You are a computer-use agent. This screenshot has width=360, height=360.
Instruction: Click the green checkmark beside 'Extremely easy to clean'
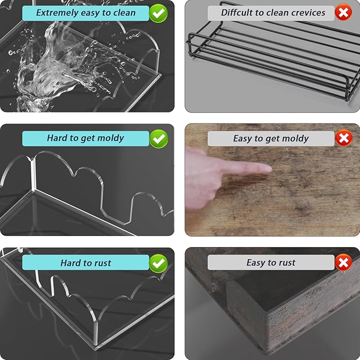[158, 13]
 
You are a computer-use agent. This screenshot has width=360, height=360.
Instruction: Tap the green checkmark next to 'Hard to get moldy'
[159, 139]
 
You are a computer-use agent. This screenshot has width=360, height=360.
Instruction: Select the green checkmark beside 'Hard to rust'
[159, 264]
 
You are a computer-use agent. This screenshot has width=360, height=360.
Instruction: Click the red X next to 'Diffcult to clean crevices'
[344, 12]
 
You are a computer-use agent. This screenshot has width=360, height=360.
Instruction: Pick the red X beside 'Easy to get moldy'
[344, 138]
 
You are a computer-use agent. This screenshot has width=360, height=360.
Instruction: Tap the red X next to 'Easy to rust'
[344, 262]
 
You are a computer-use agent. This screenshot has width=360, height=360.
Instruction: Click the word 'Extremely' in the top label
[57, 13]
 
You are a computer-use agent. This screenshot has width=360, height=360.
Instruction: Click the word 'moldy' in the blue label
[111, 138]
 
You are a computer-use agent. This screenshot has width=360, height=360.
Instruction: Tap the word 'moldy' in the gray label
[295, 139]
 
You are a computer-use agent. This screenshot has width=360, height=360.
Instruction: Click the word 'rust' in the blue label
[102, 263]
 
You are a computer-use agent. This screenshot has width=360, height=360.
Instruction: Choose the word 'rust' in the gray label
[287, 262]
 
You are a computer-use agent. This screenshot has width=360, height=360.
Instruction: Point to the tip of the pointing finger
[271, 170]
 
